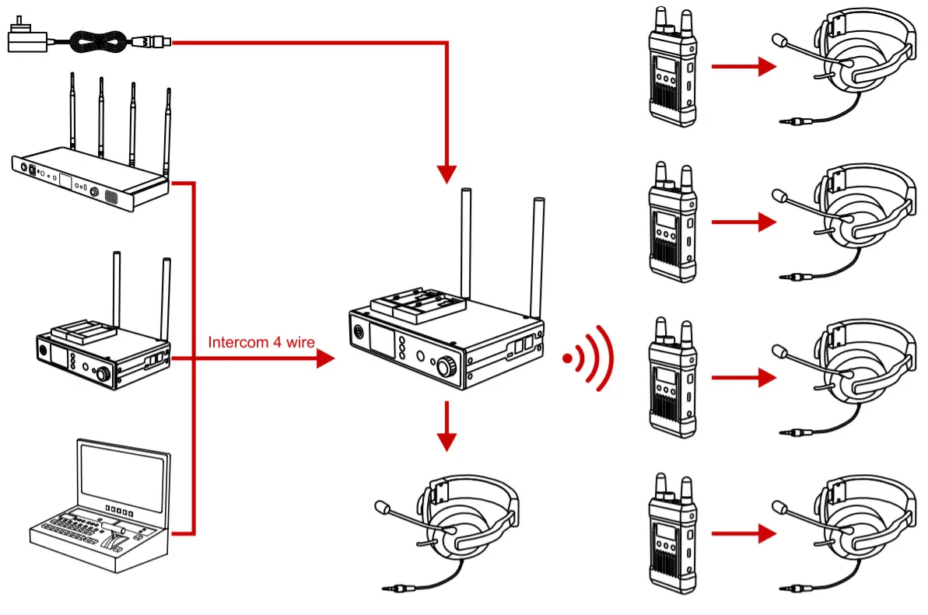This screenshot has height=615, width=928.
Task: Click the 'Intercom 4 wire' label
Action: pos(261,342)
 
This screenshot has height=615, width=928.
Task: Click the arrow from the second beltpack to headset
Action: pos(744,222)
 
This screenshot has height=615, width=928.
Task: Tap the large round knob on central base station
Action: pos(446,365)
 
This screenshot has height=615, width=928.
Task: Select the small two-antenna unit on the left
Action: pos(103,342)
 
